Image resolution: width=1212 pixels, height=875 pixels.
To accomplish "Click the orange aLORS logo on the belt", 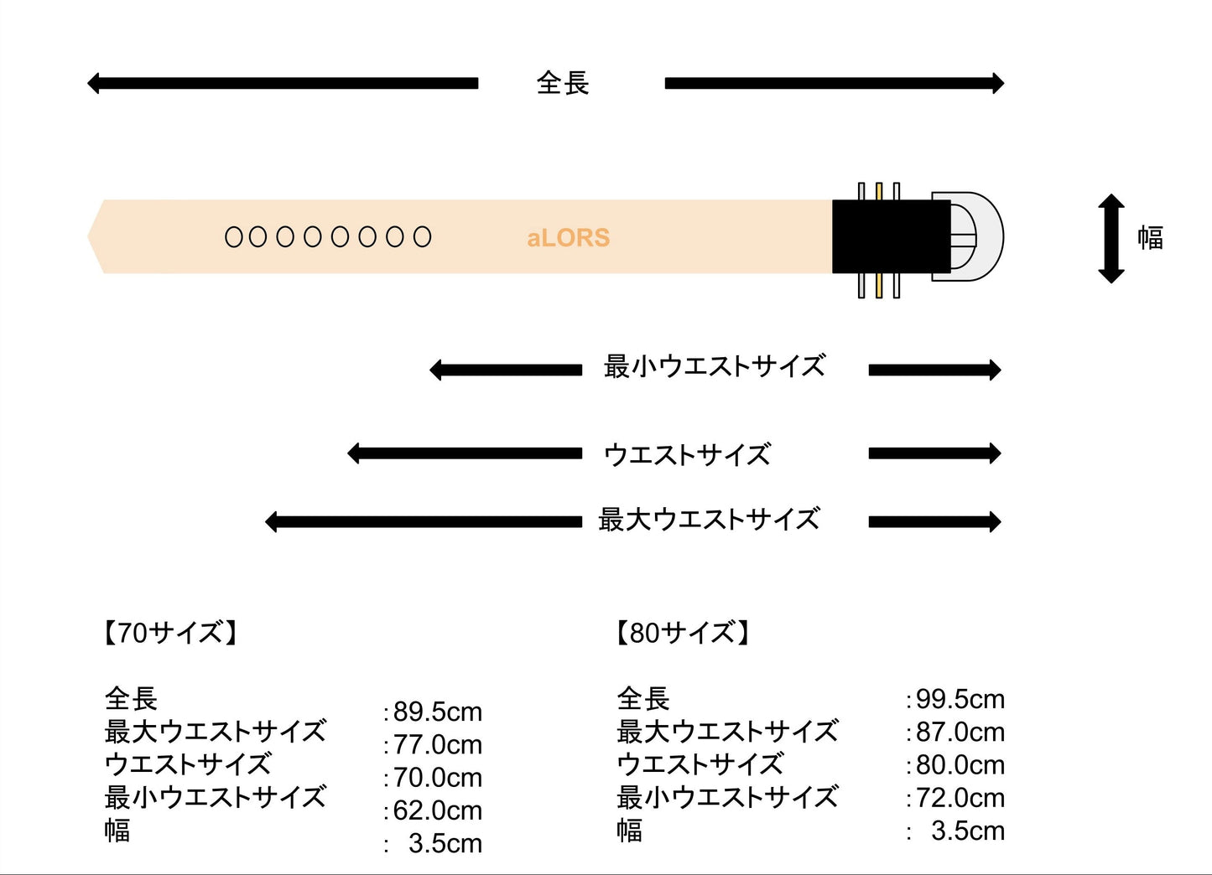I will (x=568, y=238).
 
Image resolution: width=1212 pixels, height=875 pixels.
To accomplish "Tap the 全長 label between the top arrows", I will (x=563, y=83).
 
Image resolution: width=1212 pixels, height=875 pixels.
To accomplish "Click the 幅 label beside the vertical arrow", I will (x=1150, y=238).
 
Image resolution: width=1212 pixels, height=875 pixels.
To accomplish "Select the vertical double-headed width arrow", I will (x=1111, y=238).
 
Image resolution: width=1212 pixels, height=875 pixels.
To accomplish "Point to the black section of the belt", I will (x=889, y=236).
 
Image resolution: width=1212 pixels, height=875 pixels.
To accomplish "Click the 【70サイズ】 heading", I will (x=170, y=632).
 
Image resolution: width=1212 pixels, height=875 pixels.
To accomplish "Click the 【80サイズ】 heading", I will (x=682, y=632).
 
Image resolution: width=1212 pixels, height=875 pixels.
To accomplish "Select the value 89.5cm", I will (x=437, y=712).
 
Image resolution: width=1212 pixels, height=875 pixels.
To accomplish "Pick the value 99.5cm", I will (x=960, y=699).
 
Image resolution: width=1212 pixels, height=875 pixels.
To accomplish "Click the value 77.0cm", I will (x=437, y=744).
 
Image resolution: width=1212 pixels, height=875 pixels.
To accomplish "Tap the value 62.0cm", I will (x=437, y=810).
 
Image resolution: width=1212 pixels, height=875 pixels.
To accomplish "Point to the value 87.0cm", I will (x=960, y=732).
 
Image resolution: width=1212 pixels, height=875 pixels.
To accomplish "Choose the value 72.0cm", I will (x=960, y=798).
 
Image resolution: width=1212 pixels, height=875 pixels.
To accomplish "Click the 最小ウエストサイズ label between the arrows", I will (x=715, y=366).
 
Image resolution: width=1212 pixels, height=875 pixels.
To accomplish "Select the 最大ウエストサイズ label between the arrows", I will (x=709, y=520).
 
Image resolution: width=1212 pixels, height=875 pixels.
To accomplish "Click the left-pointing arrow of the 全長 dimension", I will (x=283, y=83).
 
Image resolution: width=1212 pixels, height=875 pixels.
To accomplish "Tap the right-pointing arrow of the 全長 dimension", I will (x=834, y=83).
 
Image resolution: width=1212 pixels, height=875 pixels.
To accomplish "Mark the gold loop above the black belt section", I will (x=879, y=191).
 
